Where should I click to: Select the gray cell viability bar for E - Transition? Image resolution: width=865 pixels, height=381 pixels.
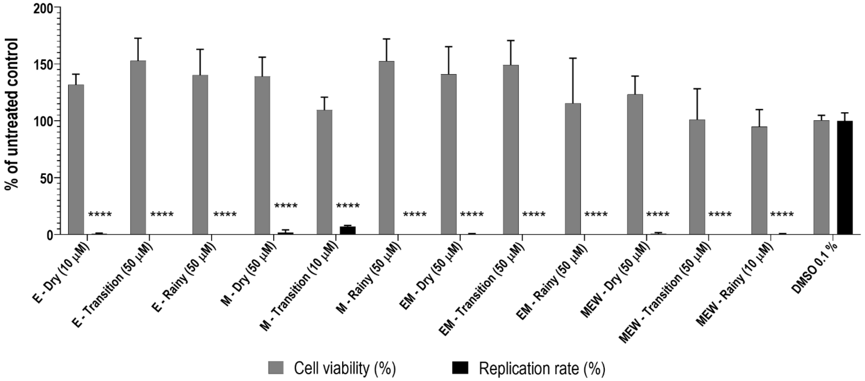138,148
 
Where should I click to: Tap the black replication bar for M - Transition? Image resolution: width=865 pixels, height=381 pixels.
348,230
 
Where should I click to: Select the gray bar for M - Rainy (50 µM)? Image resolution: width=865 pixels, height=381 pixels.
387,148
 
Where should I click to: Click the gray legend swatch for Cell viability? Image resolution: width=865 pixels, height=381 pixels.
276,368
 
